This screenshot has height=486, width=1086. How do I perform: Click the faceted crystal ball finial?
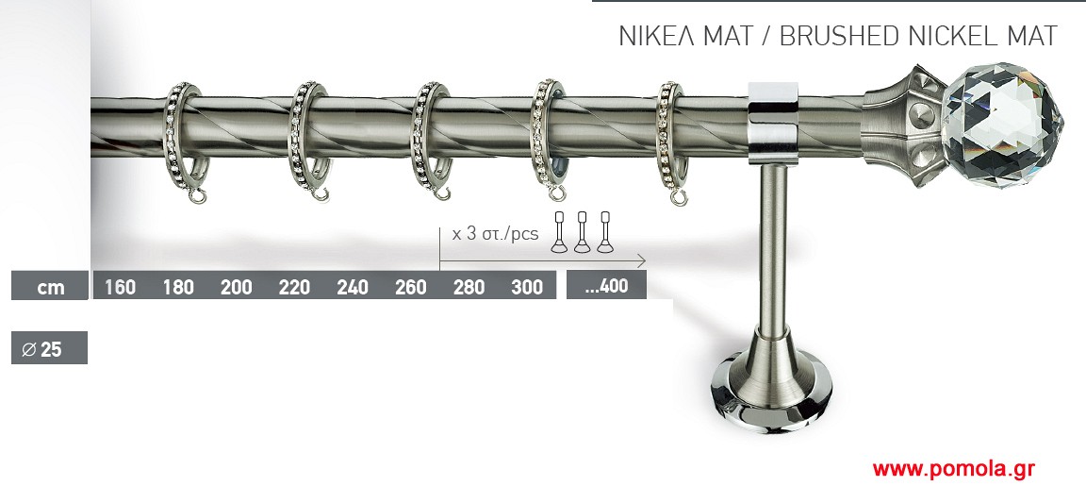[x=1002, y=125]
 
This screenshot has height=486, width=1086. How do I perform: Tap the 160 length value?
[x=120, y=287]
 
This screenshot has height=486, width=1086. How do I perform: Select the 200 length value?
[x=237, y=287]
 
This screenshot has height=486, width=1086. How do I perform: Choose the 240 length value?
[x=353, y=287]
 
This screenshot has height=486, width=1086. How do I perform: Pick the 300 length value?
[x=526, y=287]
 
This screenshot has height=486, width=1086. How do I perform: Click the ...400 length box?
[x=606, y=285]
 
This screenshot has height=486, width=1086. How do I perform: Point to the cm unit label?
[x=51, y=287]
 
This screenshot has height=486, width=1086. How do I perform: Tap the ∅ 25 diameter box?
[x=49, y=348]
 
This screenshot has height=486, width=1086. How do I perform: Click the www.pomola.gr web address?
[x=954, y=469]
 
